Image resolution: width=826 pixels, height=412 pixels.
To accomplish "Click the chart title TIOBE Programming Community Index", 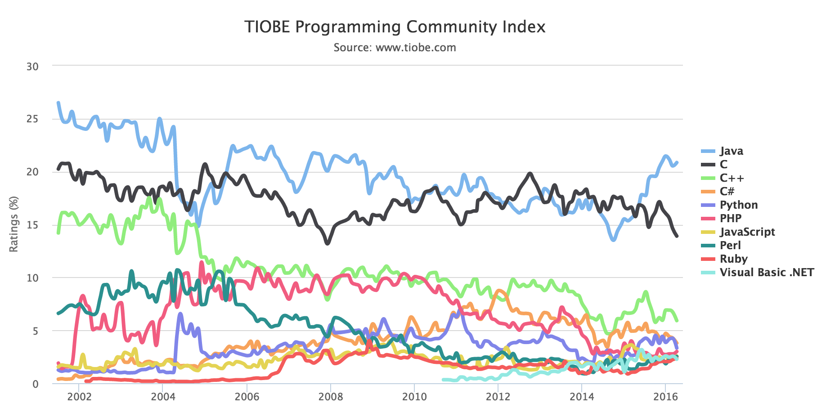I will point(395,27).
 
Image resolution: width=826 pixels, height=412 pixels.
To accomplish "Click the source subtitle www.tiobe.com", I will point(395,48).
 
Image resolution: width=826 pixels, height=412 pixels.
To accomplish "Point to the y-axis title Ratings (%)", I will point(14,224).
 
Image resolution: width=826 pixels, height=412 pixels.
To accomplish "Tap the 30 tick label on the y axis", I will point(32,67).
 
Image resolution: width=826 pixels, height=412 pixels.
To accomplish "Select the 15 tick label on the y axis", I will point(32,225).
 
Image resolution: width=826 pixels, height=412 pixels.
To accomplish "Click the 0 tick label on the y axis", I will point(35,384).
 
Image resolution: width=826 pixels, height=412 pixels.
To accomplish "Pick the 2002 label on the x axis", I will point(79,397).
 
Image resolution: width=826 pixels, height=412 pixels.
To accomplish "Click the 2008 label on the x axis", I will point(330,397).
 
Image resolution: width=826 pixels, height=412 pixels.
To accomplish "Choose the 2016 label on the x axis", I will point(665,397).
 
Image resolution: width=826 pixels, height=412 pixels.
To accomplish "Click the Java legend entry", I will point(731,151).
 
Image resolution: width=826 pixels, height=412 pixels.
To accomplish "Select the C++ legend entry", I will point(732,178).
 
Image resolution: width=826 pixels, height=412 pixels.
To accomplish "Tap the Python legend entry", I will point(738,205).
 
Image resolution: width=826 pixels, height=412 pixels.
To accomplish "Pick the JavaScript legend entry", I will point(747,232).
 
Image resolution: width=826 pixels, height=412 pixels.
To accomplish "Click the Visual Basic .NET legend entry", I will point(766,273).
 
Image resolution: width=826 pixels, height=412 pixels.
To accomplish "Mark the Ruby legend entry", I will point(733,259).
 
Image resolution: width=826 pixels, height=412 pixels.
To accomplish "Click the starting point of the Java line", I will point(58,103).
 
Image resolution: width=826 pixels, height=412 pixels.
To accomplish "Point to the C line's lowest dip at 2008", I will point(328,243).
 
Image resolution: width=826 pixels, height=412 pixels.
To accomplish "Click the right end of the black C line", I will point(677,236).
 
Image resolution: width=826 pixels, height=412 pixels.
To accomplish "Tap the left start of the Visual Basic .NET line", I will point(443,380).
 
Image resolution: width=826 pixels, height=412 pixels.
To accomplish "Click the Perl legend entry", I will point(730,246).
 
